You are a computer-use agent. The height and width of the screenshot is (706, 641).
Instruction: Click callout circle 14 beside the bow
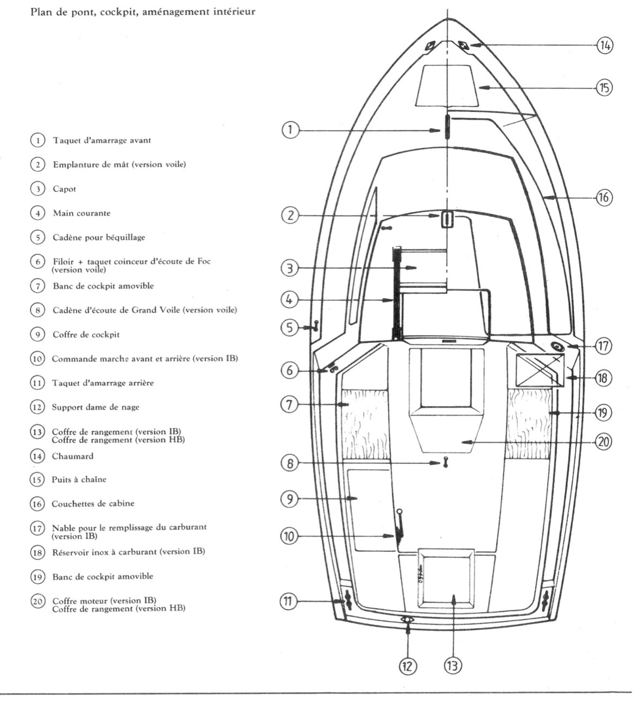pyautogui.click(x=605, y=45)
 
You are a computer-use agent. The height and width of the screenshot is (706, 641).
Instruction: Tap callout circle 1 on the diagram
pyautogui.click(x=290, y=130)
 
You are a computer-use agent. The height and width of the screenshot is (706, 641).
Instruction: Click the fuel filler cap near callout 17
pyautogui.click(x=557, y=347)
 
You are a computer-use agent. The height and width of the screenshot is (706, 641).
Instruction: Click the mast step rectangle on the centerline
pyautogui.click(x=447, y=219)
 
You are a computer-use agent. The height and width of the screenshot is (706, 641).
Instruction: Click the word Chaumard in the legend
pyautogui.click(x=72, y=456)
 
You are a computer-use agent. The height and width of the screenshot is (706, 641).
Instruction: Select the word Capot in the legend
pyautogui.click(x=64, y=189)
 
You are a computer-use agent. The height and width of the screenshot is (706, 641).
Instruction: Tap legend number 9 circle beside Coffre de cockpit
pyautogui.click(x=37, y=335)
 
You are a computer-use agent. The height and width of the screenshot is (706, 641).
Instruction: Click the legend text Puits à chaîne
pyautogui.click(x=79, y=480)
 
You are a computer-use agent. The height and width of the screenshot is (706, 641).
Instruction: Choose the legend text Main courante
pyautogui.click(x=81, y=213)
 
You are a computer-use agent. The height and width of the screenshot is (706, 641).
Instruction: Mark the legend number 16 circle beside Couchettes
pyautogui.click(x=37, y=503)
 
